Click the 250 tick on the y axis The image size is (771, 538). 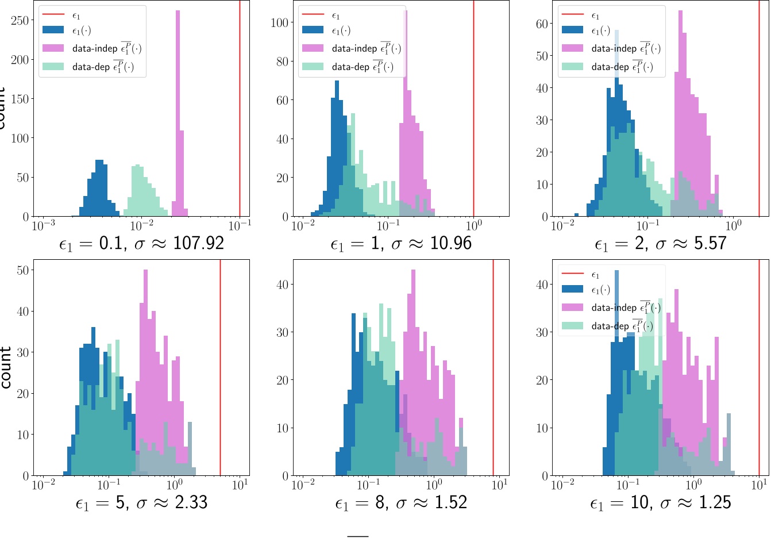coord(20,21)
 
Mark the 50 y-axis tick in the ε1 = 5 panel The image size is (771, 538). coord(23,270)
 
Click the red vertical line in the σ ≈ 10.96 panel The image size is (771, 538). coord(473,109)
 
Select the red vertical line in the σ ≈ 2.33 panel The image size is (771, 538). coord(220,368)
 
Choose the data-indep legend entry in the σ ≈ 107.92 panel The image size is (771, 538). coord(92,48)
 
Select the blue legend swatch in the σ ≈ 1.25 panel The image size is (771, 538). coord(572,289)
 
